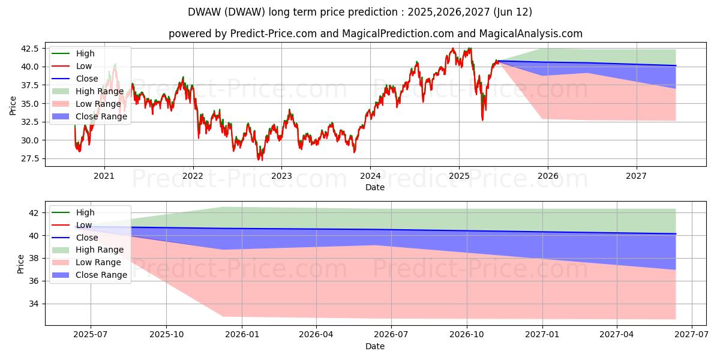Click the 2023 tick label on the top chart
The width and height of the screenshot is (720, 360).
pos(281,176)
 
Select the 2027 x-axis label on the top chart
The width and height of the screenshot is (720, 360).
pos(636,176)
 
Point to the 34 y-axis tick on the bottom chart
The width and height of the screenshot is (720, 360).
pos(34,304)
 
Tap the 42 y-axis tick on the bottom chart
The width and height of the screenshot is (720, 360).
pos(34,213)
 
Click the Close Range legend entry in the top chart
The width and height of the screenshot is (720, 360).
pos(101,116)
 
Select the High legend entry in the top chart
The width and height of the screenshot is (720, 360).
pos(85,53)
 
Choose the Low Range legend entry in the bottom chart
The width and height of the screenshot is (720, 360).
pos(98,262)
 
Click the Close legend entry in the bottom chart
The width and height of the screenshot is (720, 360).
pos(87,238)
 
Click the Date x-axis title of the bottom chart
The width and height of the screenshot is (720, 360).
pos(375,346)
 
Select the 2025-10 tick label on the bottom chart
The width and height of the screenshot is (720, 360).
pos(166,335)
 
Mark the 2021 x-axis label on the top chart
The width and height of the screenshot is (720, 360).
pos(104,176)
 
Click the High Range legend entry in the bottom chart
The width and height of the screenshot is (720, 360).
pos(100,250)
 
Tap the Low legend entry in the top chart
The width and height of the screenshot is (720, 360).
pos(84,66)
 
